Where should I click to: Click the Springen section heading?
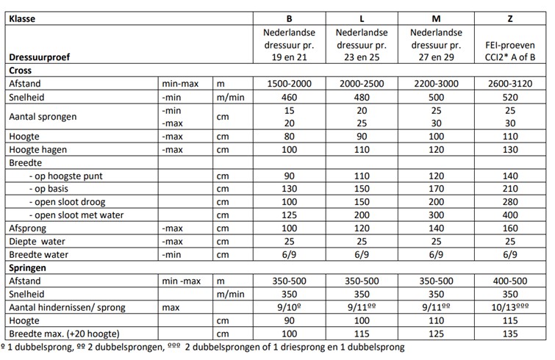[29, 268]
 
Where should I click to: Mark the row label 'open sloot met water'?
[77, 215]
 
